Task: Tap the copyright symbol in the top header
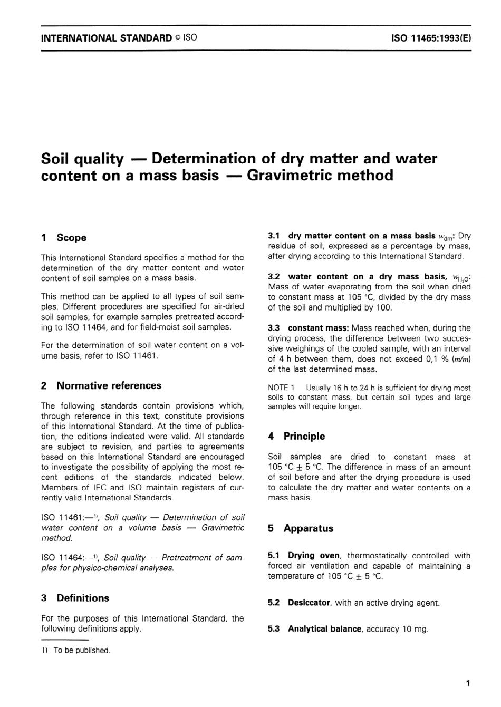pyautogui.click(x=178, y=38)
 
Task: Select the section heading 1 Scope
pyautogui.click(x=64, y=238)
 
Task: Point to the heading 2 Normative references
pyautogui.click(x=101, y=386)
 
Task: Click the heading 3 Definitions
pyautogui.click(x=75, y=598)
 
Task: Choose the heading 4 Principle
pyautogui.click(x=296, y=437)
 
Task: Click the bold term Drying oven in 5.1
pyautogui.click(x=314, y=556)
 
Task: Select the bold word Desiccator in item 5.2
pyautogui.click(x=309, y=603)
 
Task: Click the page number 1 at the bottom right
pyautogui.click(x=467, y=684)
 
